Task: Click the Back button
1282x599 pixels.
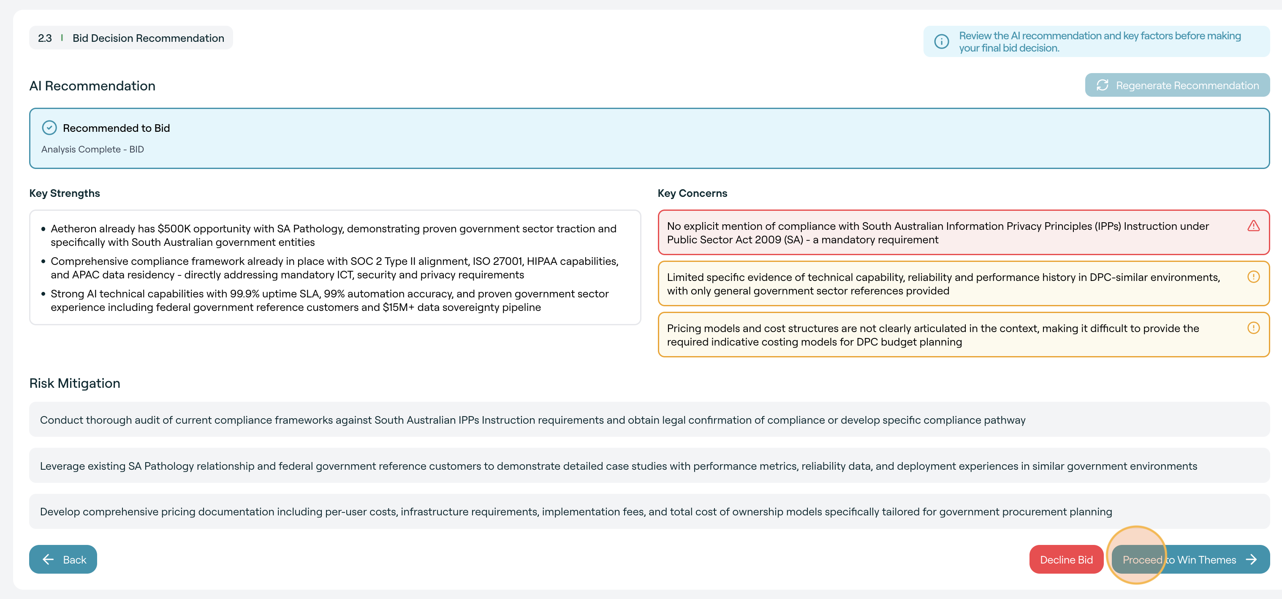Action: click(x=63, y=559)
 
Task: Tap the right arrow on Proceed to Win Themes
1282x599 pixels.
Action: click(x=1251, y=560)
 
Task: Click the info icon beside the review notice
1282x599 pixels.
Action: click(x=941, y=42)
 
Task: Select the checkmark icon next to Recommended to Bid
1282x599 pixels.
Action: click(x=49, y=128)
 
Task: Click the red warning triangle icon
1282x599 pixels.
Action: click(x=1253, y=226)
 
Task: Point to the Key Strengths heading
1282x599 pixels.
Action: click(x=65, y=193)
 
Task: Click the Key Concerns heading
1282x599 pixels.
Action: click(x=692, y=193)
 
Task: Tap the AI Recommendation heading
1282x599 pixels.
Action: click(x=92, y=86)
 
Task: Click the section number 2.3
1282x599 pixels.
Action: click(x=45, y=38)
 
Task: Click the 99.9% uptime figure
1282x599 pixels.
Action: click(x=245, y=294)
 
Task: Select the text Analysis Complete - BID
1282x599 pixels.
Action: click(x=92, y=150)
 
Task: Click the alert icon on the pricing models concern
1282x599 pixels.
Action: click(x=1253, y=328)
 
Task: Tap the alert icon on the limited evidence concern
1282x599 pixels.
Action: click(x=1253, y=277)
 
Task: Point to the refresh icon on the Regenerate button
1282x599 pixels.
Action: click(x=1103, y=85)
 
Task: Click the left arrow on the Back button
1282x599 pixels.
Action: click(x=48, y=559)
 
